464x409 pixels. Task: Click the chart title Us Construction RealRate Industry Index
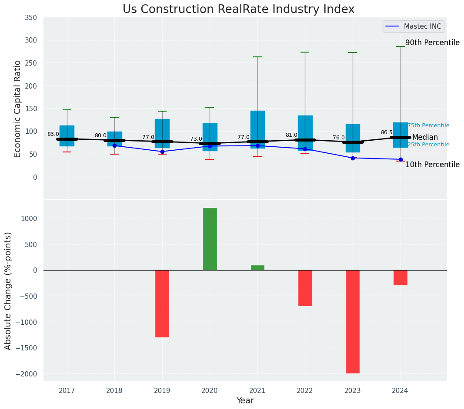tap(238, 10)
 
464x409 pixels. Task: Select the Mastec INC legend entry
tap(413, 26)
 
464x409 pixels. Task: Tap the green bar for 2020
tap(210, 239)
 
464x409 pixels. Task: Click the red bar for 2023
tap(353, 321)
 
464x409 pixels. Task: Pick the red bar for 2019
tap(162, 303)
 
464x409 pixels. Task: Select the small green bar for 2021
tap(257, 267)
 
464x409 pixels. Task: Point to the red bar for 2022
tap(305, 288)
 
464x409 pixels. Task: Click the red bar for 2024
tap(400, 277)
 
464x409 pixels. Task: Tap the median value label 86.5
tap(387, 132)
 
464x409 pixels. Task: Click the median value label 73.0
tap(196, 139)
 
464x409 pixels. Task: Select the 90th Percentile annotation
tap(432, 43)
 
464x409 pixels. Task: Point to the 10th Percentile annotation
tap(432, 165)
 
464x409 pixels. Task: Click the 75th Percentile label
tap(428, 125)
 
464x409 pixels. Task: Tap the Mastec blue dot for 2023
tap(353, 158)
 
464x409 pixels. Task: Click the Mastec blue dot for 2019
tap(162, 152)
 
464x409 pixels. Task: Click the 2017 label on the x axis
tap(67, 391)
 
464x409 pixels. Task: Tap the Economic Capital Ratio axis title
tap(17, 109)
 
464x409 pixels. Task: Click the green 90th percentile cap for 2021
tap(257, 57)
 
